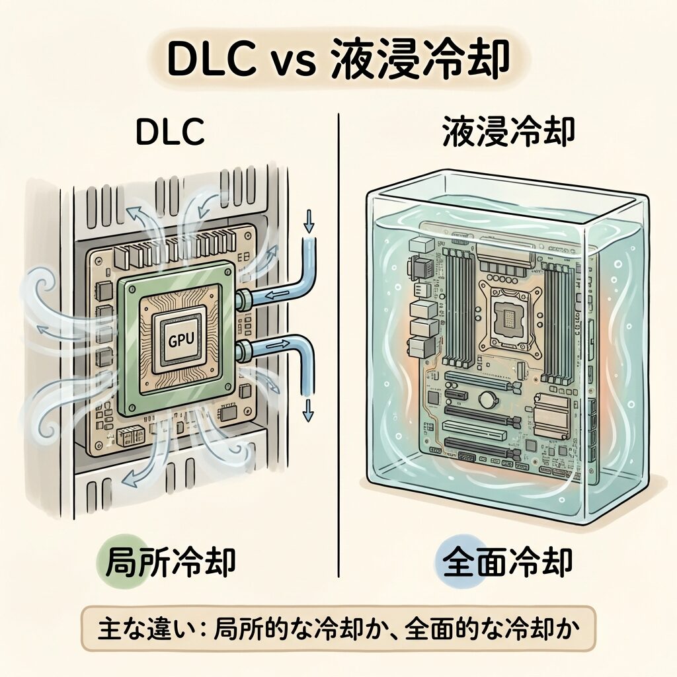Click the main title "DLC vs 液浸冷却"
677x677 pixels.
coord(338,61)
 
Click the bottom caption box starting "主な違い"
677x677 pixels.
coord(338,627)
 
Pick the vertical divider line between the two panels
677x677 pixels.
coord(338,344)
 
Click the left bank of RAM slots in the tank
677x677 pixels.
coord(456,307)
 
